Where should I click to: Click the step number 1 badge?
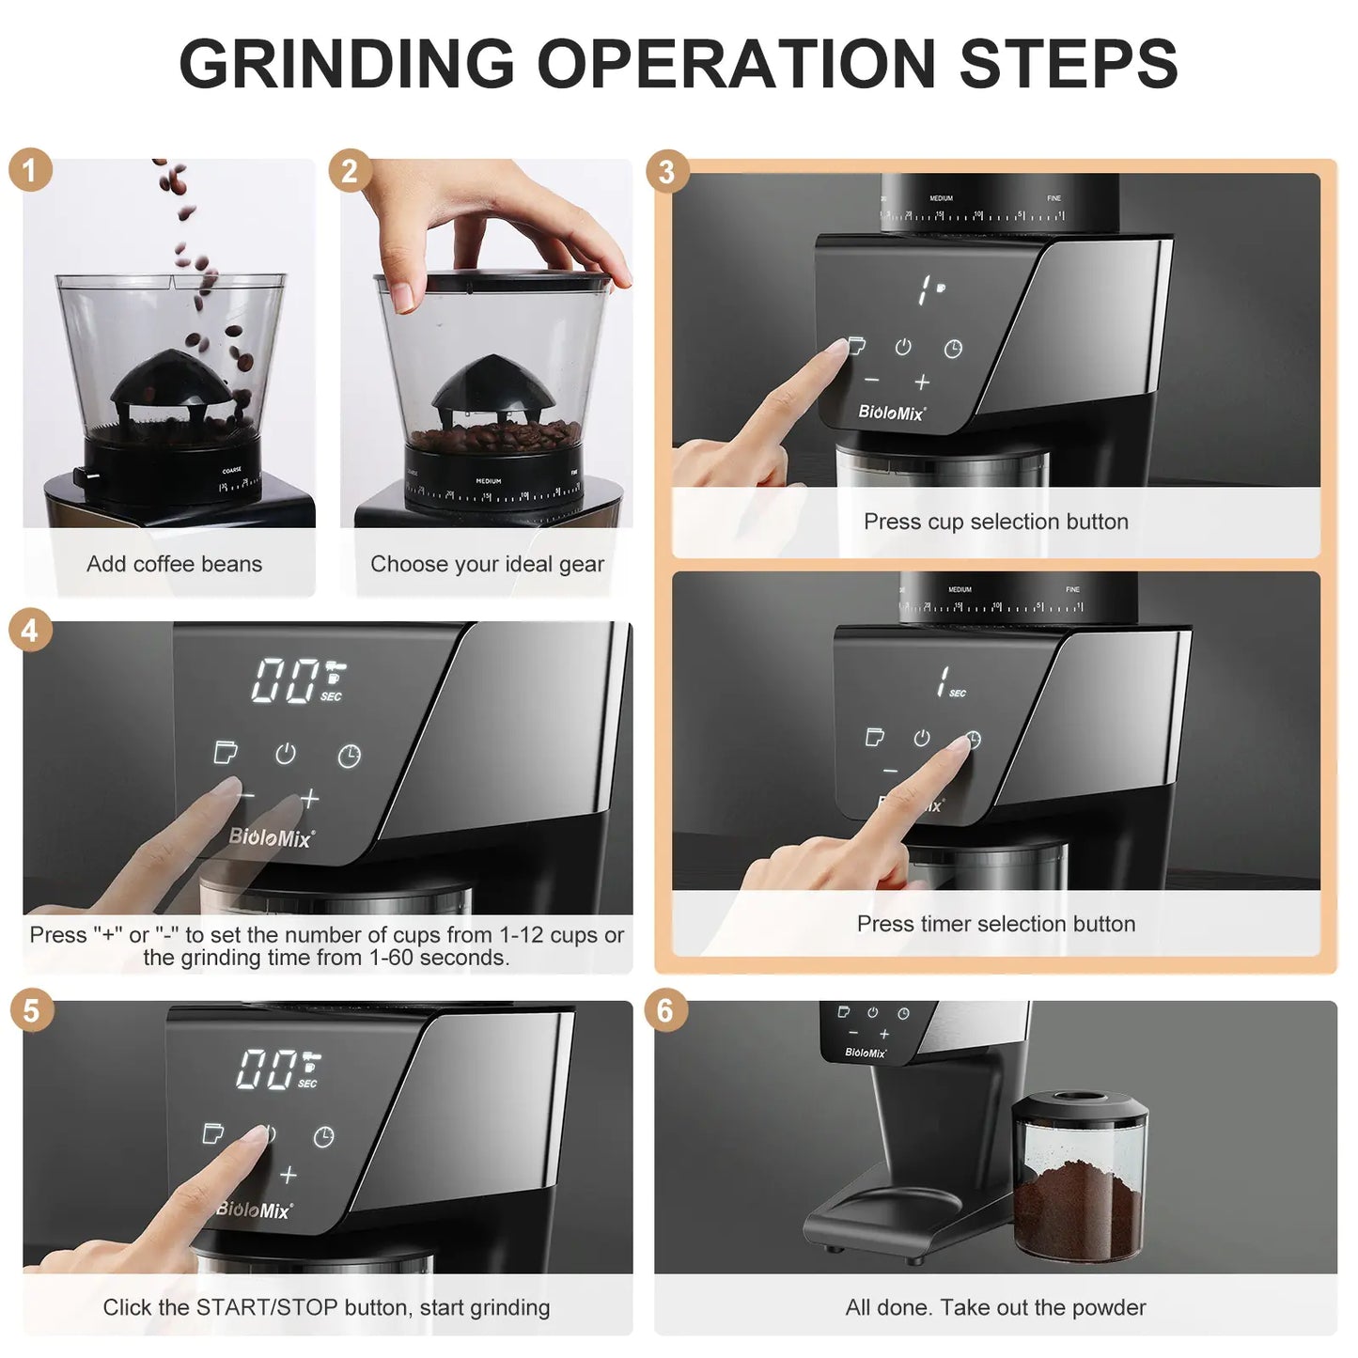pos(30,170)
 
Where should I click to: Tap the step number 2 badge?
pos(350,171)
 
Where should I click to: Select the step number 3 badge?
pos(666,172)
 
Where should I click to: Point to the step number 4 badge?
pos(30,630)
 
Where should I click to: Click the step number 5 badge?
pos(31,1010)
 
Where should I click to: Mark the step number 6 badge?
pos(665,1010)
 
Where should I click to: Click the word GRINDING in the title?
pos(347,64)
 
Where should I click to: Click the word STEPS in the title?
pos(1068,64)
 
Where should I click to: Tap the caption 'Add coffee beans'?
pos(174,564)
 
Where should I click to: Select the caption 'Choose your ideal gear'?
pos(487,564)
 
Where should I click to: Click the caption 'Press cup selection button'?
pos(995,522)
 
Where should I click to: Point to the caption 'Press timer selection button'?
pos(995,924)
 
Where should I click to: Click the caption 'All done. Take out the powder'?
pos(995,1307)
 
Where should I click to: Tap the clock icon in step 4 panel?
pos(349,756)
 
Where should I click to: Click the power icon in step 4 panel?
pos(286,754)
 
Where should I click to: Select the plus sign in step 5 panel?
pos(289,1175)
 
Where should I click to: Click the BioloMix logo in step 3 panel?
pos(891,412)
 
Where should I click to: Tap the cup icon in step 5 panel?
pos(213,1133)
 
